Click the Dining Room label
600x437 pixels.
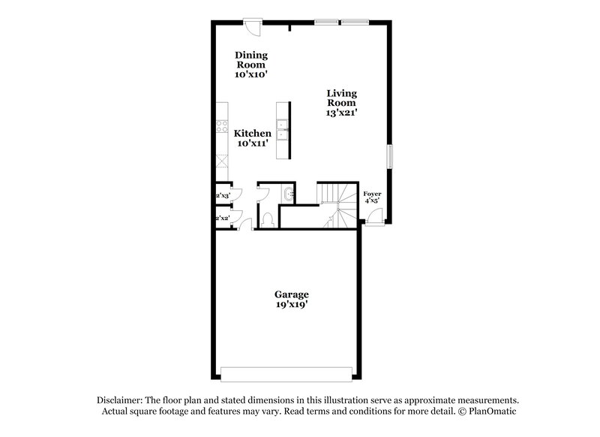pyautogui.click(x=251, y=59)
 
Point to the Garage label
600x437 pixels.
pyautogui.click(x=291, y=294)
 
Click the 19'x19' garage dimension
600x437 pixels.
pyautogui.click(x=291, y=305)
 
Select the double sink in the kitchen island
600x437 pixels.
pyautogui.click(x=283, y=130)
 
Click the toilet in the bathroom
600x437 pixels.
pyautogui.click(x=268, y=219)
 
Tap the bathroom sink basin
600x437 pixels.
pyautogui.click(x=288, y=194)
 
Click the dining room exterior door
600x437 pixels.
pyautogui.click(x=254, y=27)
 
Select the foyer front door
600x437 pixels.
pyautogui.click(x=373, y=218)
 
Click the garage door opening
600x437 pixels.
pyautogui.click(x=286, y=373)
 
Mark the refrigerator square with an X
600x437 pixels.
pyautogui.click(x=221, y=161)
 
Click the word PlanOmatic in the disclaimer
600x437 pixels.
pyautogui.click(x=491, y=411)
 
